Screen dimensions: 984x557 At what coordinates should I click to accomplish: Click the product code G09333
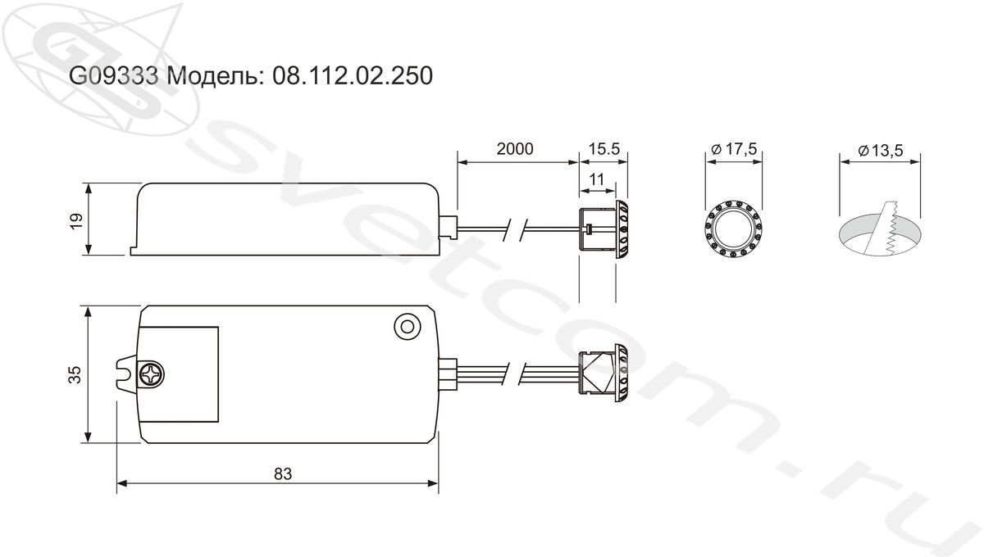tap(113, 75)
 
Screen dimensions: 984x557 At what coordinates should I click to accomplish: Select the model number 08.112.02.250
tap(353, 75)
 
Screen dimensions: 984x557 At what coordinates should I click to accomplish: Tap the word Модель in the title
tap(215, 76)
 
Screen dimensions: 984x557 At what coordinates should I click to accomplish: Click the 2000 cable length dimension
tap(515, 149)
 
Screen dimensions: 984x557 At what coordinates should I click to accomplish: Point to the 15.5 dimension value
tap(604, 149)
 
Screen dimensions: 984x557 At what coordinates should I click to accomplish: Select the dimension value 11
tap(597, 179)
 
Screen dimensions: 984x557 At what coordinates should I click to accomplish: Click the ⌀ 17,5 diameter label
tap(734, 149)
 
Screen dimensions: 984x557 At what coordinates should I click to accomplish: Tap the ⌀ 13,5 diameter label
tap(881, 151)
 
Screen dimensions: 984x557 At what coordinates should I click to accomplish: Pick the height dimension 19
tap(76, 221)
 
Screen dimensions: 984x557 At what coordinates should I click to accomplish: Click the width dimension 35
tap(75, 375)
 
